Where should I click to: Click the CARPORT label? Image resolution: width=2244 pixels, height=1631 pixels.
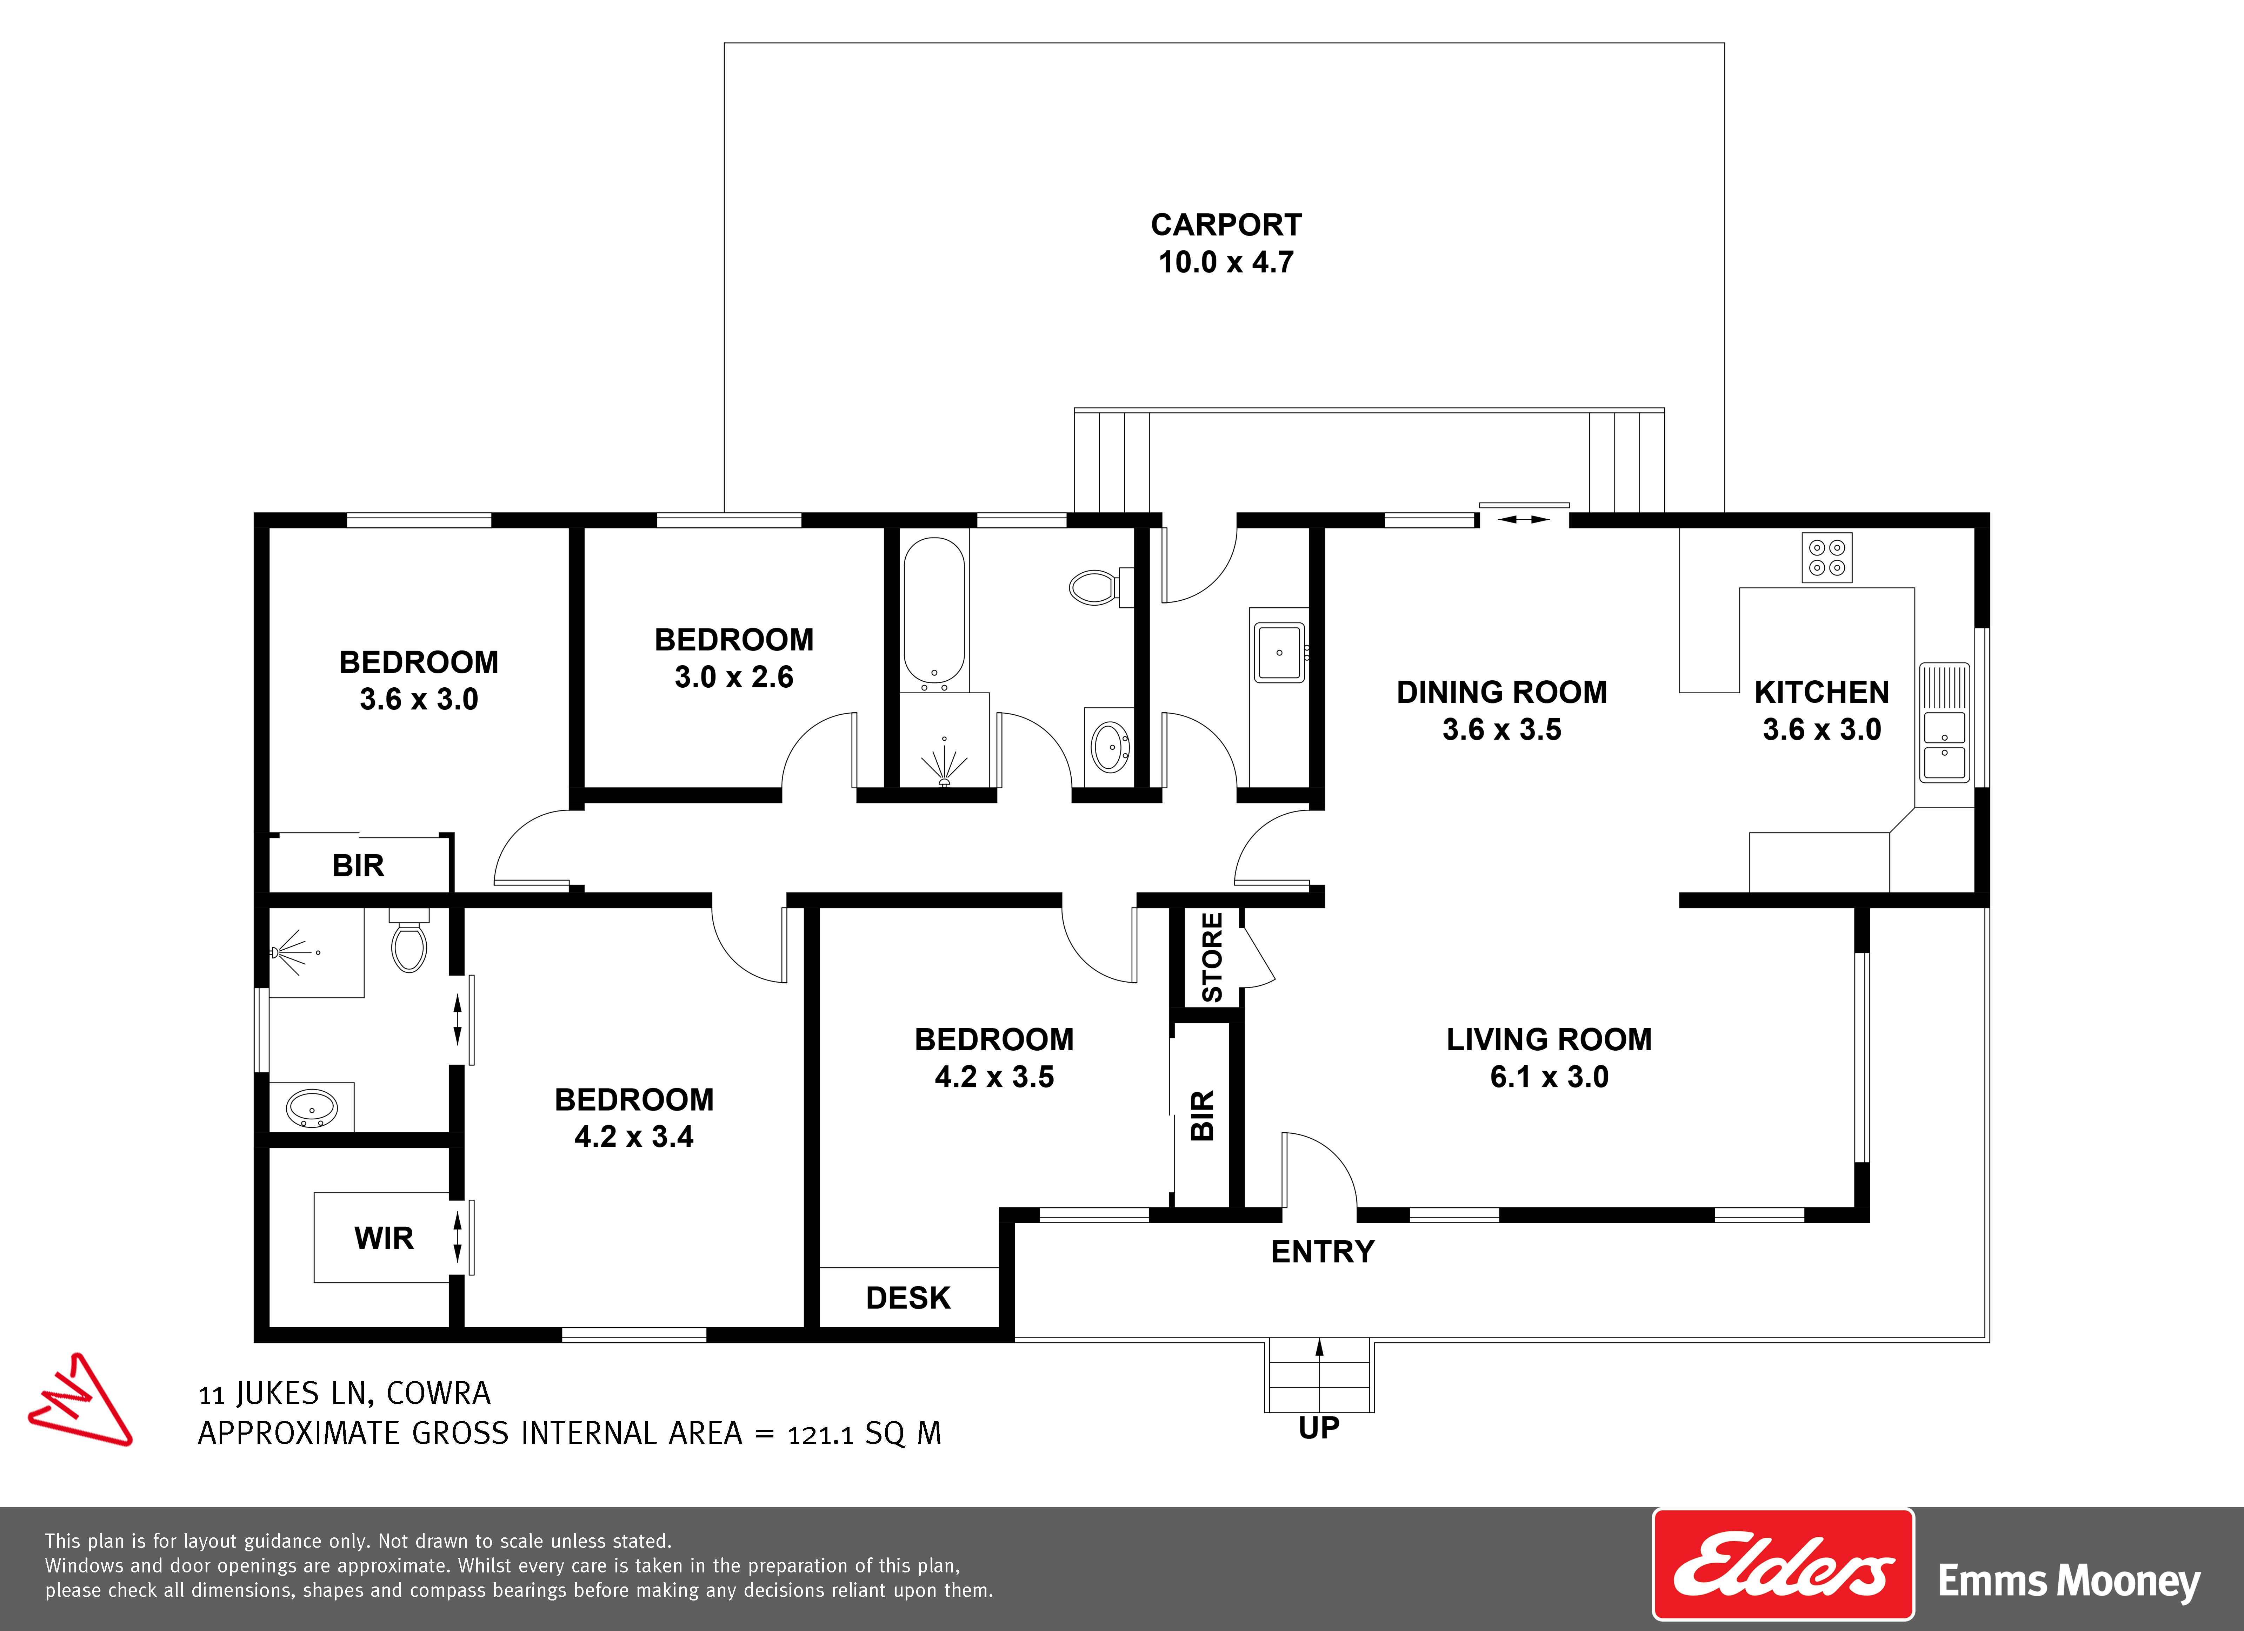[1226, 225]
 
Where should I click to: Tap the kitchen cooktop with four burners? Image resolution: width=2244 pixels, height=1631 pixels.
[1826, 558]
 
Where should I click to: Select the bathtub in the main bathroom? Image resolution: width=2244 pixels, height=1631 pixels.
[934, 613]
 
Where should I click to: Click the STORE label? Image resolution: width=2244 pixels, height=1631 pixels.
[1212, 957]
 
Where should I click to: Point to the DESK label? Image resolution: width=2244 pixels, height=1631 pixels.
[908, 1298]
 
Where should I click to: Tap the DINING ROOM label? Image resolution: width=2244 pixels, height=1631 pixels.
[1502, 692]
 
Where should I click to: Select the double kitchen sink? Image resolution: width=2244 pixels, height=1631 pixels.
[1944, 744]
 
